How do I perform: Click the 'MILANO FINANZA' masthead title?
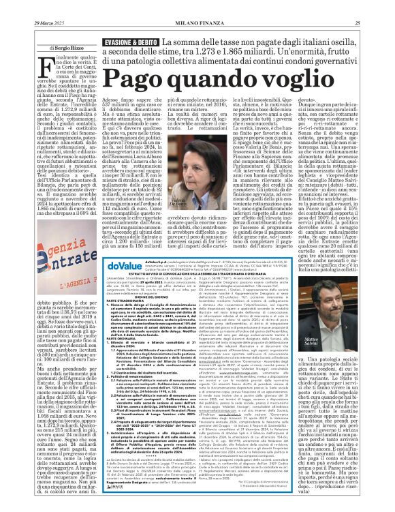coord(197,6)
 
